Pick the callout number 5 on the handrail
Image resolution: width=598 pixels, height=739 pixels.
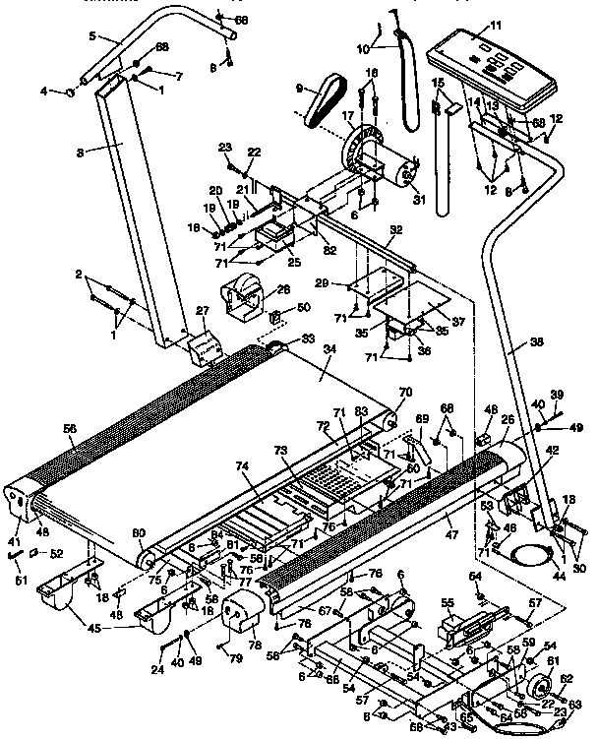click(x=92, y=36)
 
